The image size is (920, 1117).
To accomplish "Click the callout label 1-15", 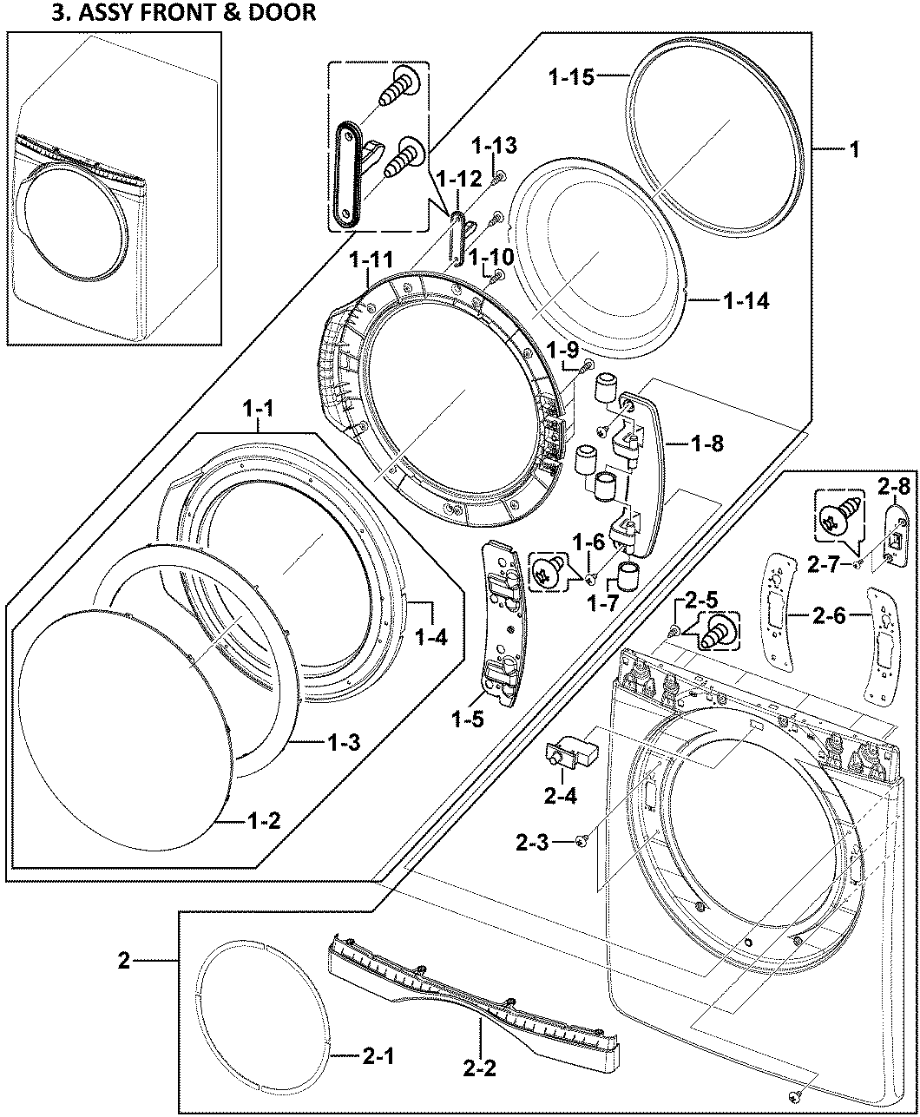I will [x=571, y=77].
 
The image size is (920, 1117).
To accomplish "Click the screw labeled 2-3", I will [x=580, y=839].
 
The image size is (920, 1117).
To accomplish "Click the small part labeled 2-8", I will [x=892, y=535].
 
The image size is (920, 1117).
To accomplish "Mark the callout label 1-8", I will [x=707, y=444].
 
